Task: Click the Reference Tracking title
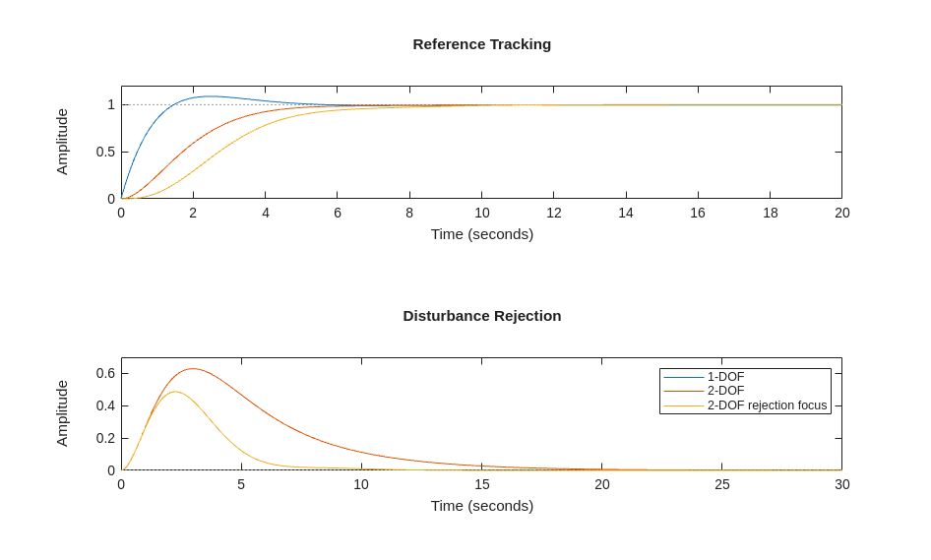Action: pos(481,44)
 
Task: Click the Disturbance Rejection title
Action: pos(481,316)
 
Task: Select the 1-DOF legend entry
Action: pos(725,377)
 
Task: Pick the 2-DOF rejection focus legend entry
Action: pos(767,405)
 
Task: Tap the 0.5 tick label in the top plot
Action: pos(105,152)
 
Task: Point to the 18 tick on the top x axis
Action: pos(771,213)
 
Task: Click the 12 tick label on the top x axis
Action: pos(554,213)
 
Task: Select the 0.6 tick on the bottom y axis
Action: pos(105,373)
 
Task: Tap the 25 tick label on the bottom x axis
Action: pos(722,484)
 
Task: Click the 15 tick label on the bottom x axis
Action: pos(482,484)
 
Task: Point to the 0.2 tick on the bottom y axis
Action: pos(105,438)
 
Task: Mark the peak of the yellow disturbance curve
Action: pos(174,392)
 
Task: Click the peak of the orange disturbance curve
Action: pos(193,369)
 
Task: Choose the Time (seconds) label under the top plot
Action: pos(481,234)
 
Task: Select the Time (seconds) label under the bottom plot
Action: pos(481,506)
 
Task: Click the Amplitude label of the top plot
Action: pos(62,142)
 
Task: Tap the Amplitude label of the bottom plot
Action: pos(62,413)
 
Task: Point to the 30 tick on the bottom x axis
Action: pos(842,484)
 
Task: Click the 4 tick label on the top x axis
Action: pos(266,213)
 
